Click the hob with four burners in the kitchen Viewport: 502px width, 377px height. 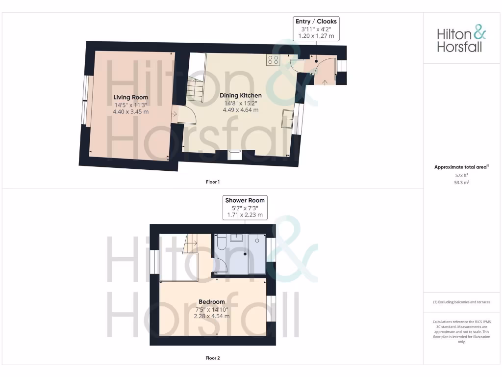coord(273,60)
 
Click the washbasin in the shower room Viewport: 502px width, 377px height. coord(237,238)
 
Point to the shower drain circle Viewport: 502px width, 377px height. coord(257,241)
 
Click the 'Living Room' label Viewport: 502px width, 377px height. coord(130,97)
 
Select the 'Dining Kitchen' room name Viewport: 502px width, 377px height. coord(240,95)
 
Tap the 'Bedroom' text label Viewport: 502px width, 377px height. coord(212,301)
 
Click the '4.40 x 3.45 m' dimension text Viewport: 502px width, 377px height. coord(130,111)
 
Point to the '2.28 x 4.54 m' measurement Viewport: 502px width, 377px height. coord(212,316)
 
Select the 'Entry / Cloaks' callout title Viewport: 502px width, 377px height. coord(316,22)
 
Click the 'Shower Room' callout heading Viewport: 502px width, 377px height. coord(245,200)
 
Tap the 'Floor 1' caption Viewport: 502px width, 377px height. coord(213,182)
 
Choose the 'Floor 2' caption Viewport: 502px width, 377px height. coord(213,358)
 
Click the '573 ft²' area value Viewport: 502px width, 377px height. coord(461,175)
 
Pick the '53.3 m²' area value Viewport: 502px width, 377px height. coord(461,182)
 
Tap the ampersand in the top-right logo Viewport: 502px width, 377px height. coord(479,33)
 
